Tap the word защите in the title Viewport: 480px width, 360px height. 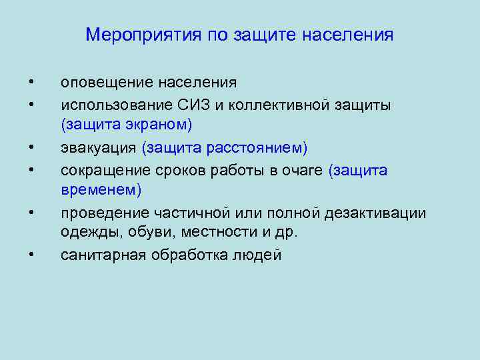tap(265, 34)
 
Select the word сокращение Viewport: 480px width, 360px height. tap(102, 170)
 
